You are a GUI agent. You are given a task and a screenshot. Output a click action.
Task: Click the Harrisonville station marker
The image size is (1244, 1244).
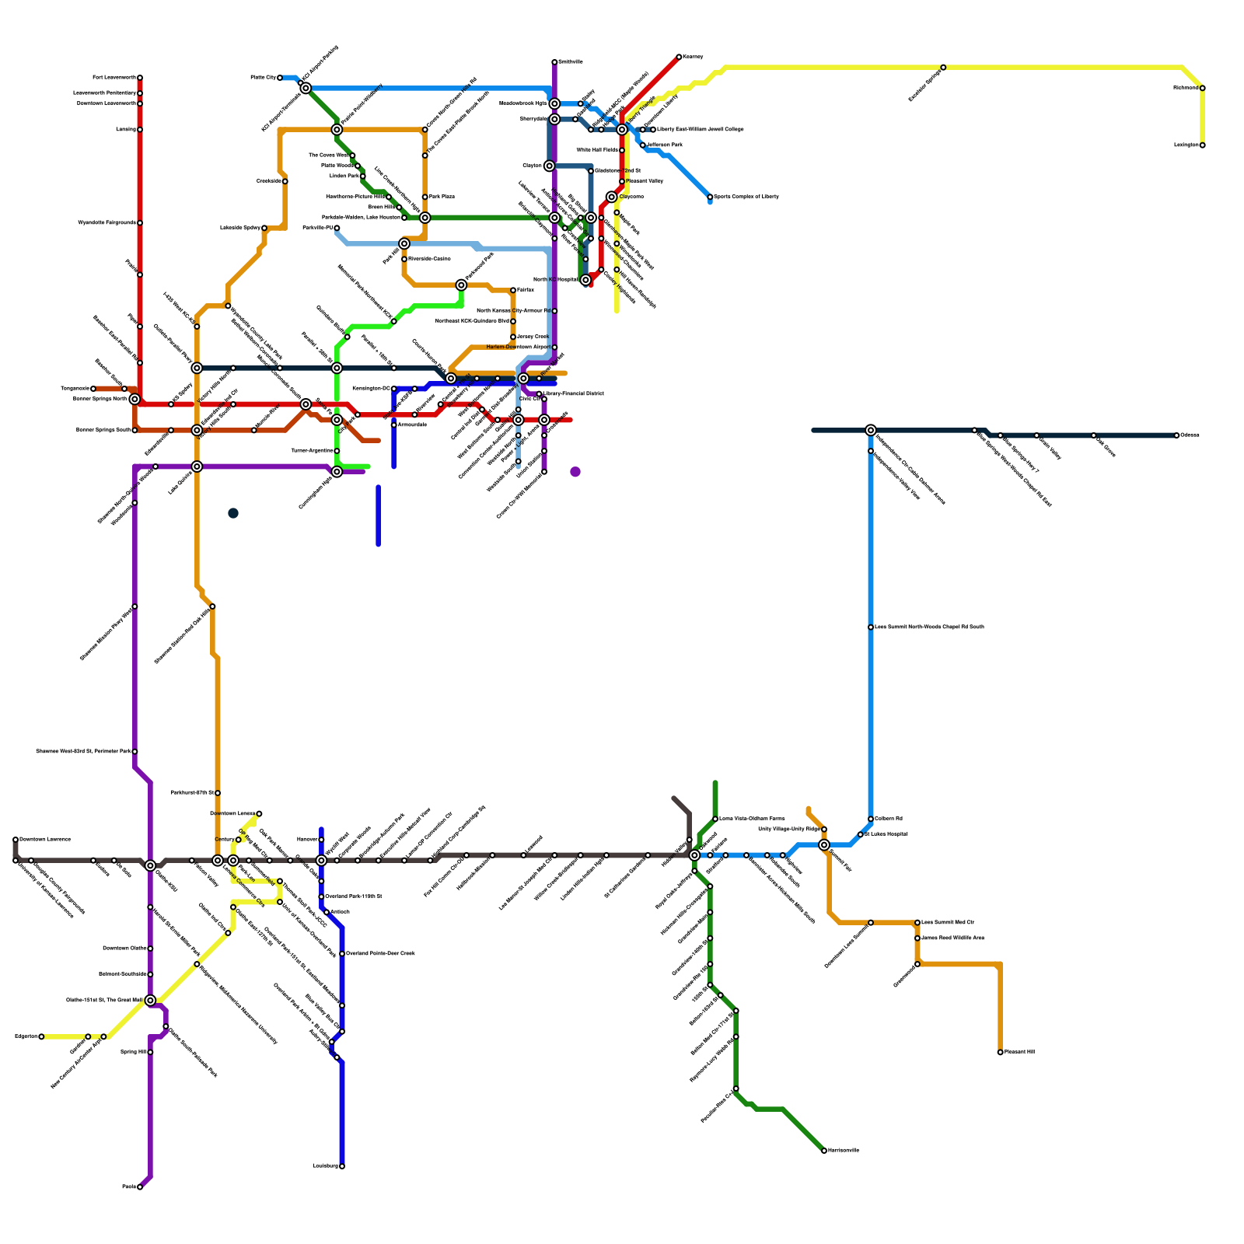pos(824,1151)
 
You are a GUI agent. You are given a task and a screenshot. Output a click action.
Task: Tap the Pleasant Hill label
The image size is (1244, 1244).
pos(1019,1052)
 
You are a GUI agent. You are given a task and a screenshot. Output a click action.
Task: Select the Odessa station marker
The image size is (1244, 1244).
pos(1177,435)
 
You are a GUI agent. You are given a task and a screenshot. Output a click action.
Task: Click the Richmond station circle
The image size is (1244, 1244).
pos(1203,88)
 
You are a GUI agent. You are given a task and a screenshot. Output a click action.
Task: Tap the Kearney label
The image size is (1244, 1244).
pos(693,57)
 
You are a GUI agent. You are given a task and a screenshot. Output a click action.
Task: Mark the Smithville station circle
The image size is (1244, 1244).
pos(554,62)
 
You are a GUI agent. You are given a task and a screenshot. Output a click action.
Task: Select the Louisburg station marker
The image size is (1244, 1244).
pos(342,1166)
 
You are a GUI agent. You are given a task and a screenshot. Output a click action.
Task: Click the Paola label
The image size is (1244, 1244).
pos(128,1187)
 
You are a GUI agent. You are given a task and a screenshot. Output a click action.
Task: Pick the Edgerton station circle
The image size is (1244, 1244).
pos(41,1036)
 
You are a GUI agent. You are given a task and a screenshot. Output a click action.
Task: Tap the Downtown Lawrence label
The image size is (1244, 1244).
pos(45,840)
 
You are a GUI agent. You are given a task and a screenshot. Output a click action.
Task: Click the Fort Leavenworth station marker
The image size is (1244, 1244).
pos(140,78)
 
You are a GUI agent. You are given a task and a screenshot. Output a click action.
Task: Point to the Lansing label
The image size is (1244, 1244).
pos(125,130)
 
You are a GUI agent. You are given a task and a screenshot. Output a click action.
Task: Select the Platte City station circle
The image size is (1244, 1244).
pos(280,78)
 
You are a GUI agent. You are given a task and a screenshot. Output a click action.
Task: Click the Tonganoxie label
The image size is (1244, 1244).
pos(75,389)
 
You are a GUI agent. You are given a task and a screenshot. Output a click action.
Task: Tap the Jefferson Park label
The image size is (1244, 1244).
pos(665,145)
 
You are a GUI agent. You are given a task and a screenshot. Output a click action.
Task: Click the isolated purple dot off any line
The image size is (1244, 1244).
pos(575,472)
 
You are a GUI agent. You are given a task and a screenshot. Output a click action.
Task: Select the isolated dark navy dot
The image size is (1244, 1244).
pos(233,513)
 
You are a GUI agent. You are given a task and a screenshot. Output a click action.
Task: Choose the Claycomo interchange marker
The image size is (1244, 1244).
pos(612,197)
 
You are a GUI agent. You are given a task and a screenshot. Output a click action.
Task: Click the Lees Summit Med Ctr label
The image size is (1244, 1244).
pos(948,922)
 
